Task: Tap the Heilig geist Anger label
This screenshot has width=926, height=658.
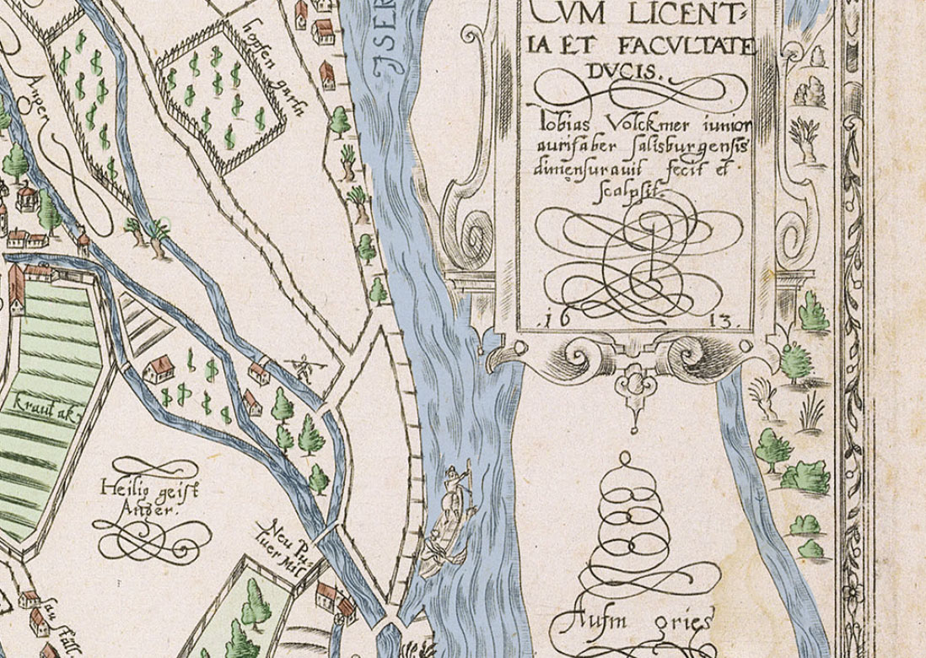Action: coord(147,498)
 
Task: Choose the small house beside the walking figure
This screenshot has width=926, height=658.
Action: coord(260,372)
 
